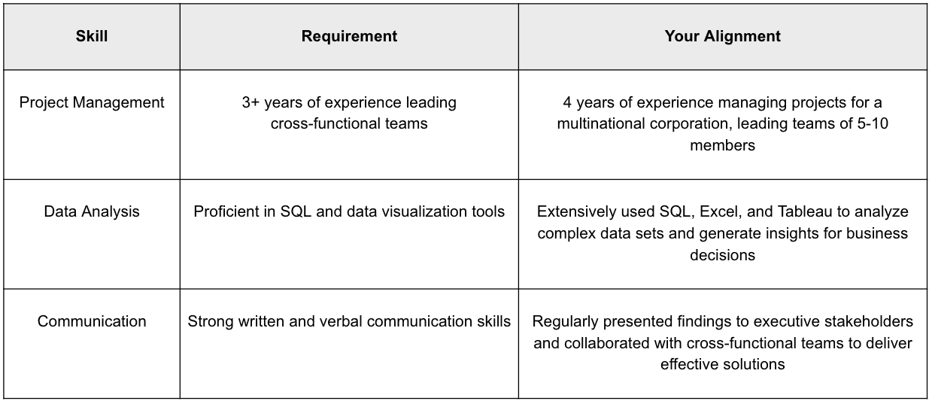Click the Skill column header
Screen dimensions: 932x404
[92, 36]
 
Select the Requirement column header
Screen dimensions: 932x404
[349, 36]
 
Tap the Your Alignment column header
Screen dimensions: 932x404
[722, 36]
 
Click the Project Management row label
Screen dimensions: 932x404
[92, 102]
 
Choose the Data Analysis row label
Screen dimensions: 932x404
[92, 211]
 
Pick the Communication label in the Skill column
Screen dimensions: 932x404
[92, 321]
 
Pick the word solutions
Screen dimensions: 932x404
[755, 365]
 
